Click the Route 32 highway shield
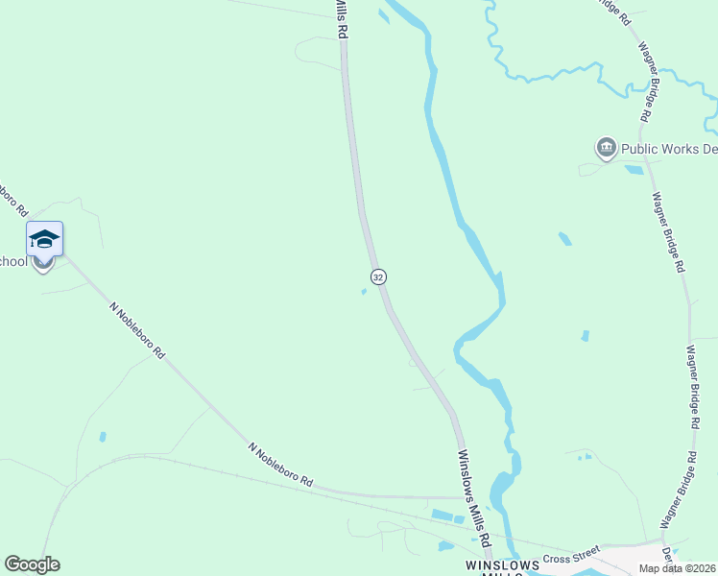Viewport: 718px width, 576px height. pyautogui.click(x=378, y=276)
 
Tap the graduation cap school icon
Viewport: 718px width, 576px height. pyautogui.click(x=44, y=237)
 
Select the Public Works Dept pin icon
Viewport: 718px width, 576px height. pyautogui.click(x=606, y=148)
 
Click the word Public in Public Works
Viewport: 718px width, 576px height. pyautogui.click(x=641, y=149)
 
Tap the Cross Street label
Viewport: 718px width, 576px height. pyautogui.click(x=570, y=559)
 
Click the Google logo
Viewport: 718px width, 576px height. pyautogui.click(x=32, y=564)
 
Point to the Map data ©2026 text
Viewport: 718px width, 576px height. pyautogui.click(x=677, y=568)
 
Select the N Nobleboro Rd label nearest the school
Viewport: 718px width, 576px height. pyautogui.click(x=136, y=329)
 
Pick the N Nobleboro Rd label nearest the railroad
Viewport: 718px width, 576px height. pyautogui.click(x=281, y=464)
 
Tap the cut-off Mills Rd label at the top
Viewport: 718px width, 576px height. pyautogui.click(x=341, y=19)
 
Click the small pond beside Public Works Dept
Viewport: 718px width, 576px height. pyautogui.click(x=634, y=170)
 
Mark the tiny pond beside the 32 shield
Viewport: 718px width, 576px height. pyautogui.click(x=363, y=293)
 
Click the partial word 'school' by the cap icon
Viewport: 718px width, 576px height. pyautogui.click(x=13, y=261)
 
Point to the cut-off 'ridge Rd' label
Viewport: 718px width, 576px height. pyautogui.click(x=612, y=12)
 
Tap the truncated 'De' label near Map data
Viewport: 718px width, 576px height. pyautogui.click(x=666, y=554)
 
